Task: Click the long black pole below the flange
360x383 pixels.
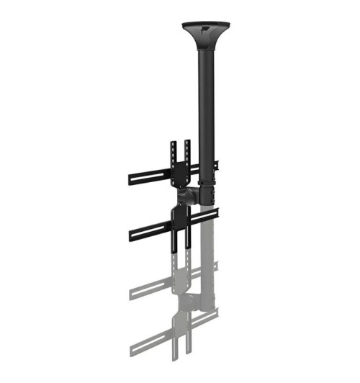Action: tap(206, 101)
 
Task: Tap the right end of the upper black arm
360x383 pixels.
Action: tap(216, 165)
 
